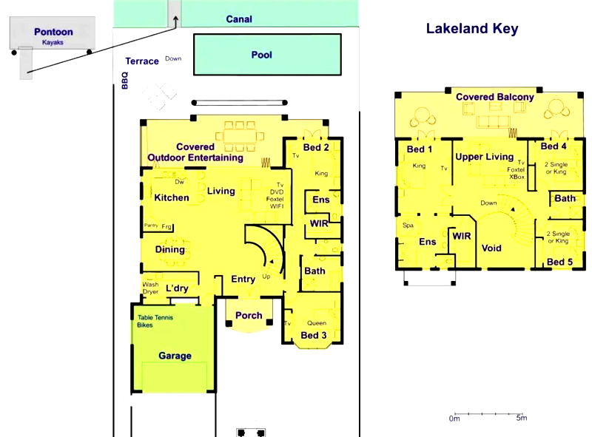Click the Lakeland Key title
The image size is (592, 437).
pos(471,29)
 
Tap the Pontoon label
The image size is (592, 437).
pos(53,32)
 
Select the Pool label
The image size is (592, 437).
pos(261,55)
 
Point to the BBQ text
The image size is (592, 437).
pos(124,80)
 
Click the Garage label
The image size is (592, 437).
pos(175,356)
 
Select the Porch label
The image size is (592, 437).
pos(249,316)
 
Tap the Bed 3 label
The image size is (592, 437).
pos(313,336)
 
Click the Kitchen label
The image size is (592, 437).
pos(171,197)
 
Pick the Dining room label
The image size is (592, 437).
pos(169,249)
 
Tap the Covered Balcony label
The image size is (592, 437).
pos(494,97)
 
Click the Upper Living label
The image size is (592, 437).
pos(484,157)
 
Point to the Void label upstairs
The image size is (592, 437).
pos(492,248)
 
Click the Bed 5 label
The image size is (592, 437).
pos(559,262)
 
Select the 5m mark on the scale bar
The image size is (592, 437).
pos(521,419)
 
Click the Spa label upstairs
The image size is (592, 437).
pos(407,225)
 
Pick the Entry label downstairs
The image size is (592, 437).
pos(243,280)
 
